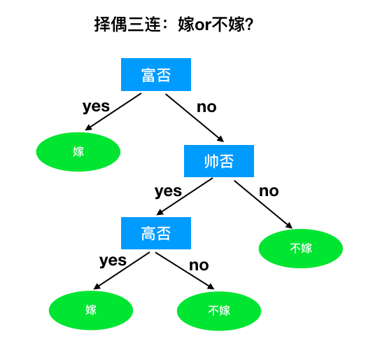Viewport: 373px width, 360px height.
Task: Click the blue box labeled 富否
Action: click(156, 75)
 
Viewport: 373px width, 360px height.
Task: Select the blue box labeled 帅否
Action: click(219, 161)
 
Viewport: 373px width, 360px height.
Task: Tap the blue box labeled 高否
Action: click(156, 233)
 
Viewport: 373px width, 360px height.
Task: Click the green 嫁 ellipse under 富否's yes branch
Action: click(78, 151)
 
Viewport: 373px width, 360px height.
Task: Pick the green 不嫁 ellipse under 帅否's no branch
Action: click(301, 248)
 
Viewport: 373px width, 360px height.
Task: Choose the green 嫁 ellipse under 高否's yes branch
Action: click(91, 310)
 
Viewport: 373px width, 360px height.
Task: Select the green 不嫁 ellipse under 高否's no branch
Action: click(219, 310)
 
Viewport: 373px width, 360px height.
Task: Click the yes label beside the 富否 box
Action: click(96, 106)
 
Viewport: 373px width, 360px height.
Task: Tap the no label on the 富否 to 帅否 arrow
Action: click(206, 107)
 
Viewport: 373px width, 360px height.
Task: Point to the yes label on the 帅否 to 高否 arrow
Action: click(168, 191)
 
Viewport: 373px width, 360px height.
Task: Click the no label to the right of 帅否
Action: click(269, 191)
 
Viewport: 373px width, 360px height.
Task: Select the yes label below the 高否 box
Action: click(113, 261)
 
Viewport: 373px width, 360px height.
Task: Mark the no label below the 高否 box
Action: click(199, 265)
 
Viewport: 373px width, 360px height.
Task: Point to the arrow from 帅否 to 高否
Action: click(185, 196)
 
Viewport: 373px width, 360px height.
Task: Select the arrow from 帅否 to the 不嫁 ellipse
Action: click(263, 204)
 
